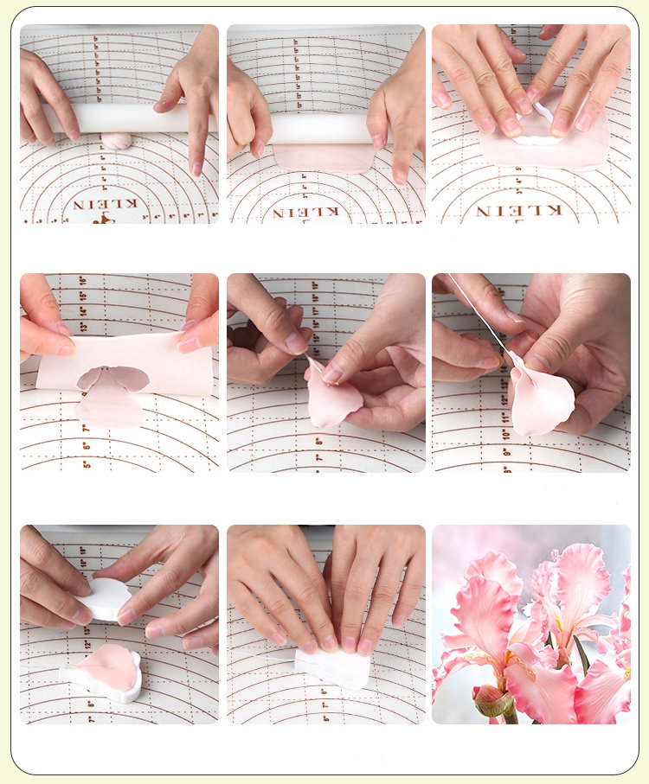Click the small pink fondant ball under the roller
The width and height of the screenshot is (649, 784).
pos(117,141)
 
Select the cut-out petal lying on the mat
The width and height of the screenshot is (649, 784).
pos(111,407)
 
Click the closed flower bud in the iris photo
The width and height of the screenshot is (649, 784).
pos(492,699)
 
